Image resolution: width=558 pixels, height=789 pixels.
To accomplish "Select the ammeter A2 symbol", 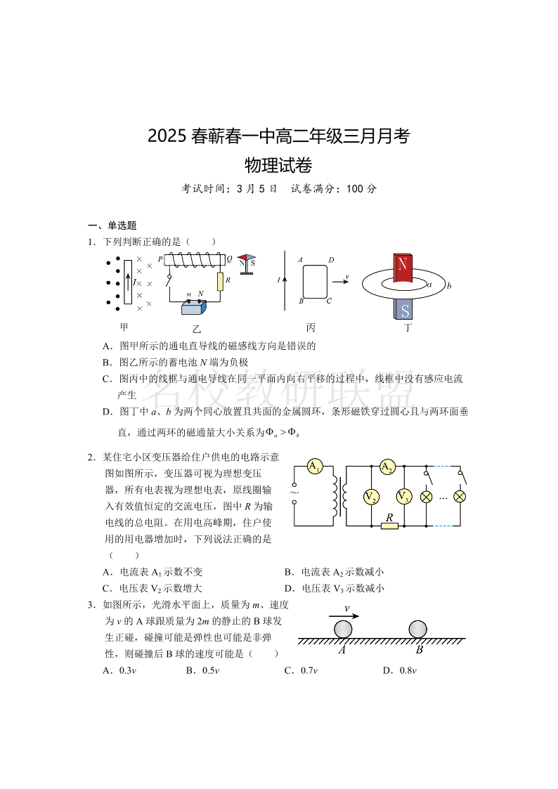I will pos(387,467).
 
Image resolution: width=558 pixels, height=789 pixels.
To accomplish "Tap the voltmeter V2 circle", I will pos(370,497).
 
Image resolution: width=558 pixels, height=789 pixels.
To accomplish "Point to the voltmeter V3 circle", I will pos(403,497).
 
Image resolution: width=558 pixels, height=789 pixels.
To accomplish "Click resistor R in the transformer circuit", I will pos(389,525).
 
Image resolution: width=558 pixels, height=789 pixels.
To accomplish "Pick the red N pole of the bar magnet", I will pos(403,268).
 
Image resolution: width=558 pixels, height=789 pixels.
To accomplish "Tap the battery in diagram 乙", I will pos(194,306).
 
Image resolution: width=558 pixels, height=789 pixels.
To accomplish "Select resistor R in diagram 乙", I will pos(220,281).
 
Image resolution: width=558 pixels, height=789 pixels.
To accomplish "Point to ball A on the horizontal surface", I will pos(344,630).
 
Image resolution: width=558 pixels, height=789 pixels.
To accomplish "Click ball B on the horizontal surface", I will pos(417,630).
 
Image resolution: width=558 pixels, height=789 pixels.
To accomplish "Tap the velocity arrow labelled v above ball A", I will pos(344,616).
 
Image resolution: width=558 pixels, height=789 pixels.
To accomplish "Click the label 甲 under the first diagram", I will pos(124,327).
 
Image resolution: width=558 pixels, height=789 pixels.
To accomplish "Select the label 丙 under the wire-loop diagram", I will pos(311,327).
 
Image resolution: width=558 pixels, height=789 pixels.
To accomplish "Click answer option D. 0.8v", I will pos(400,670).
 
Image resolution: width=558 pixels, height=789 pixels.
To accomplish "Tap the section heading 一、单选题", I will pos(112,226).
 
